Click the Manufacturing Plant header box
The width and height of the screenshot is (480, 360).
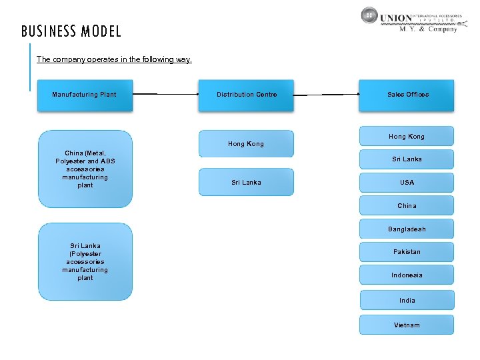coord(85,95)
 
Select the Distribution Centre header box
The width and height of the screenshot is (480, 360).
coord(246,95)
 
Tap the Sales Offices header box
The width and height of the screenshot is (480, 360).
coord(407,95)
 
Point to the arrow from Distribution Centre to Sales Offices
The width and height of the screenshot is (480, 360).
coord(326,95)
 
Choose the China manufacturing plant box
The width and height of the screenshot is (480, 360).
coord(85,169)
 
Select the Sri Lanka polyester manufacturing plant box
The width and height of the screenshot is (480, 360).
coord(85,261)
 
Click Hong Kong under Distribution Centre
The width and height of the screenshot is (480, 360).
coord(246,143)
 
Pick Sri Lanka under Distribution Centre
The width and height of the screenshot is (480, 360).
coord(246,182)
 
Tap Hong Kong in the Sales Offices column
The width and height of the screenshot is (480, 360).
coord(407,136)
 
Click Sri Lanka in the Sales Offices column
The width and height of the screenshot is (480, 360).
coord(407,159)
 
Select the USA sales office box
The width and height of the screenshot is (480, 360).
coord(407,182)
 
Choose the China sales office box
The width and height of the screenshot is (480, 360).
coord(407,205)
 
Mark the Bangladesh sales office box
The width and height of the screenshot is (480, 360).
coord(407,229)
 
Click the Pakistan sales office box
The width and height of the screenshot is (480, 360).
coord(407,252)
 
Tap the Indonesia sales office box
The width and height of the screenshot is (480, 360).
coord(407,275)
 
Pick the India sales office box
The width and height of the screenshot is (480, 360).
coord(407,300)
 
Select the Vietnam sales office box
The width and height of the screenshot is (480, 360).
coord(407,325)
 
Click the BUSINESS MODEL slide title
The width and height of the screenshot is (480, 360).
coord(71,31)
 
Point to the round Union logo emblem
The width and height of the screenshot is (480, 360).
coord(370,16)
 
